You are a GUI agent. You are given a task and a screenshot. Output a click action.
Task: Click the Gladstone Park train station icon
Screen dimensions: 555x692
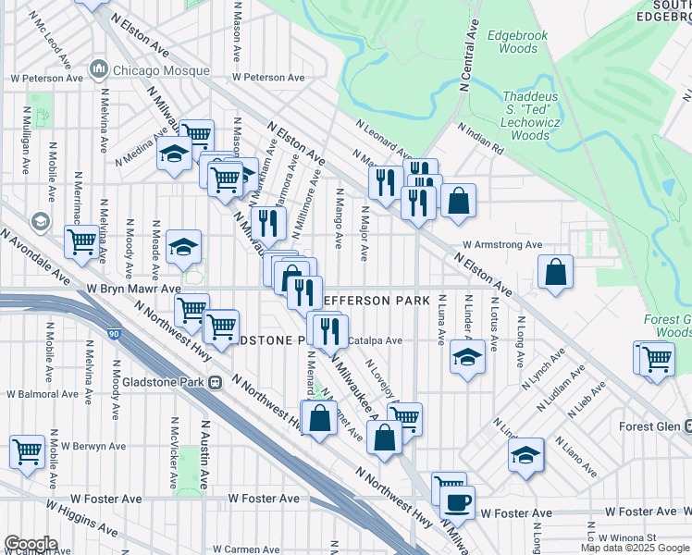[215, 382]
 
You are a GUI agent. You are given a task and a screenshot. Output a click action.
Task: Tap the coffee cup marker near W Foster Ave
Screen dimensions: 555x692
[457, 502]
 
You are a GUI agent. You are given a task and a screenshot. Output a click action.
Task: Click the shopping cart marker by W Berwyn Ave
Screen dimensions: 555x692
[28, 451]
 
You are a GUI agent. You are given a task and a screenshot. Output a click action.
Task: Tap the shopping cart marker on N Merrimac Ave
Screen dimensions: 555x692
[81, 241]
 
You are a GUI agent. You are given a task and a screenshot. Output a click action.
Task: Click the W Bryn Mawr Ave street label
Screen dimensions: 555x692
[131, 289]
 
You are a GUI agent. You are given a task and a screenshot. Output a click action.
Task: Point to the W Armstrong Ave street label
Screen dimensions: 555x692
[502, 245]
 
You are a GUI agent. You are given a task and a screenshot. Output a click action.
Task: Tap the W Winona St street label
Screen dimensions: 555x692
[624, 536]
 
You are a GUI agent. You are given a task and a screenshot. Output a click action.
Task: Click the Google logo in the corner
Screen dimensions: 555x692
[31, 544]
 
